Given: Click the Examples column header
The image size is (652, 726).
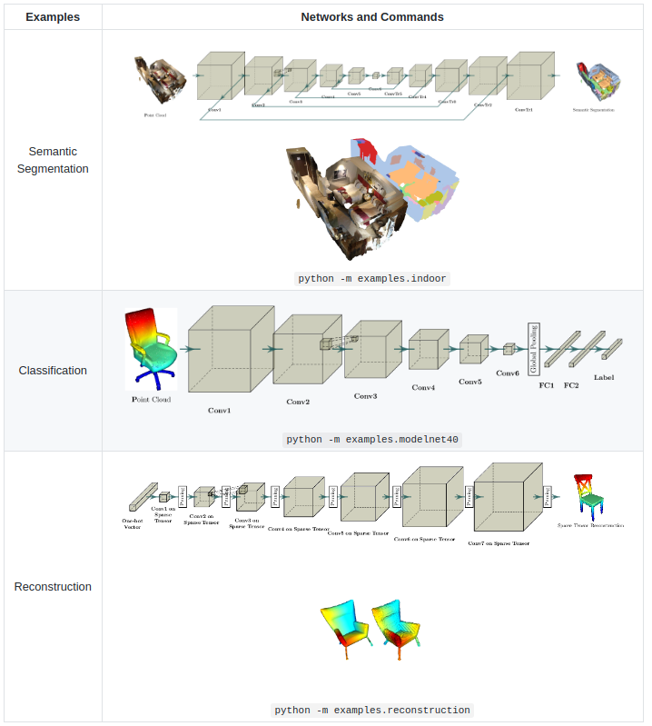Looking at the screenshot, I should click(x=53, y=16).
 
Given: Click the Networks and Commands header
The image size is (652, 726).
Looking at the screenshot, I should click(x=372, y=16).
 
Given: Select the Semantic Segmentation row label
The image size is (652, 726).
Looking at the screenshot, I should click(x=53, y=160).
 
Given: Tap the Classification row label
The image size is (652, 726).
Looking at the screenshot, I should click(x=53, y=371).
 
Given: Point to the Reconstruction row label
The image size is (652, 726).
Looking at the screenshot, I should click(x=53, y=587).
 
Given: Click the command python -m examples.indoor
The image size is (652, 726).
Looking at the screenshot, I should click(x=372, y=278).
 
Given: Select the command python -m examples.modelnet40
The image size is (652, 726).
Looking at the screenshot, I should click(x=372, y=439).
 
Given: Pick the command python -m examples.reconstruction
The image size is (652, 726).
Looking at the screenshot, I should click(x=372, y=710).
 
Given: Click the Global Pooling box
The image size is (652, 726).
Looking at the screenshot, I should click(x=534, y=348).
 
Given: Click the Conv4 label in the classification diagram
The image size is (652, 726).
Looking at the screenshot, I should click(x=423, y=388).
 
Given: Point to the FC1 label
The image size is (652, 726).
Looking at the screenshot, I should click(x=547, y=386).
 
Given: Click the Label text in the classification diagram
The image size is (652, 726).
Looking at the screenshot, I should click(x=604, y=377).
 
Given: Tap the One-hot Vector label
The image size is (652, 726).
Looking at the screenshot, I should click(x=133, y=523).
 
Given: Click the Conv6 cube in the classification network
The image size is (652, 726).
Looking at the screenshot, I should click(x=509, y=349).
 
